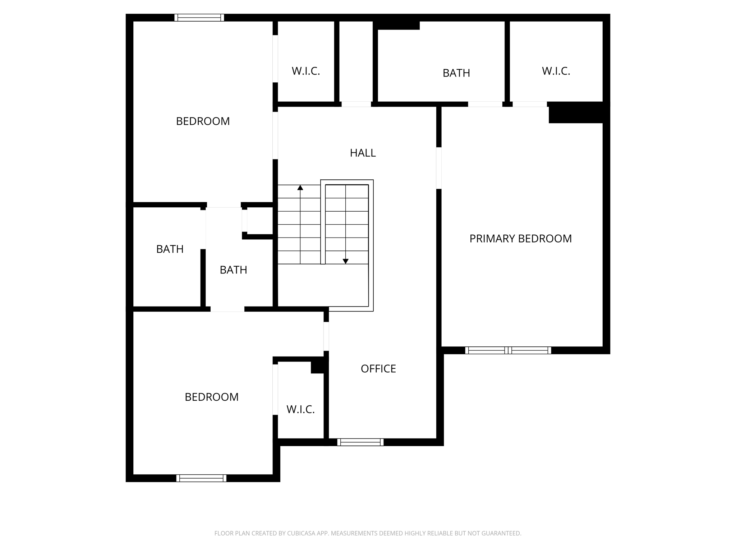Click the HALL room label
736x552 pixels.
363,153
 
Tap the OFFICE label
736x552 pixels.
378,369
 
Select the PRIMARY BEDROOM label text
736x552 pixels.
520,239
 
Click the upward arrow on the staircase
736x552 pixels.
300,188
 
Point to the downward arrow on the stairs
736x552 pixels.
346,261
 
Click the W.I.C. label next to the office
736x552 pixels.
300,409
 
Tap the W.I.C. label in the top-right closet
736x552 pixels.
556,71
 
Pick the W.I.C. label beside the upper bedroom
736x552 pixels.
306,71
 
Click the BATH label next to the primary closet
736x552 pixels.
456,73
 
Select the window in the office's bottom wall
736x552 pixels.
360,442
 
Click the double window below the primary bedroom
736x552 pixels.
508,350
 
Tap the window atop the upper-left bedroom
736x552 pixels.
199,18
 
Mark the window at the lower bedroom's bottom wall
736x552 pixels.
201,478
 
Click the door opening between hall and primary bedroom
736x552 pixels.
439,168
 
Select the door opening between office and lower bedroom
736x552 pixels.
326,336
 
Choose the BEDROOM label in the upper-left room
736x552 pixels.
203,121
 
